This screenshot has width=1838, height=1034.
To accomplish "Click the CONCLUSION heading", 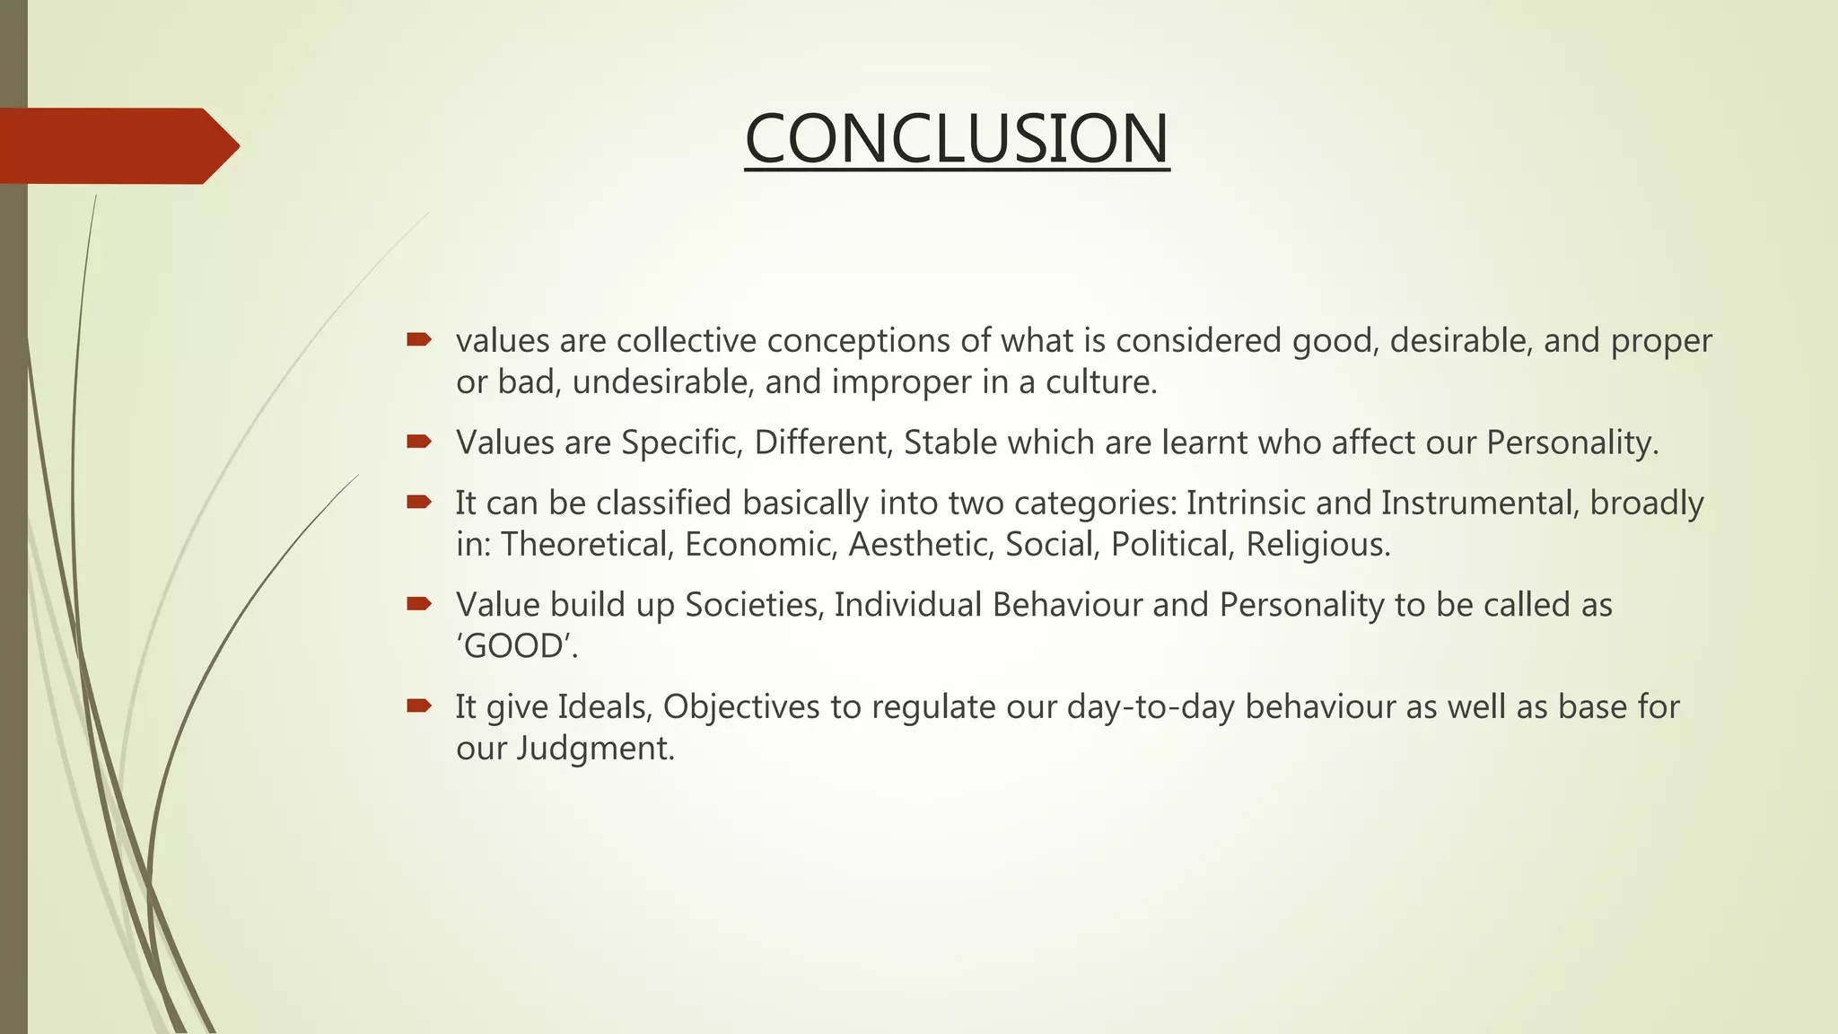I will tap(957, 139).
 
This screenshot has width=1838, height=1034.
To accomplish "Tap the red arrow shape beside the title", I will tap(117, 145).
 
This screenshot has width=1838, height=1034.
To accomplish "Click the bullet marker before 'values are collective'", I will tap(418, 339).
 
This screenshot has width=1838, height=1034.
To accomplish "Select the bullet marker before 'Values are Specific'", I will tap(418, 441).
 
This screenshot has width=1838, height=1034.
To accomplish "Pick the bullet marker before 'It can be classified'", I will tap(418, 502).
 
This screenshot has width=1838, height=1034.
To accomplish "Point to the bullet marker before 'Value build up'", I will tap(418, 603).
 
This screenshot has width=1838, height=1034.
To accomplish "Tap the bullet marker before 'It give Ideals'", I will tap(418, 705).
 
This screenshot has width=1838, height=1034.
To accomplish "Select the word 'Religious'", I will tap(1317, 544).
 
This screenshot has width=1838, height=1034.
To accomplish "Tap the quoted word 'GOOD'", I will tap(516, 646).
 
